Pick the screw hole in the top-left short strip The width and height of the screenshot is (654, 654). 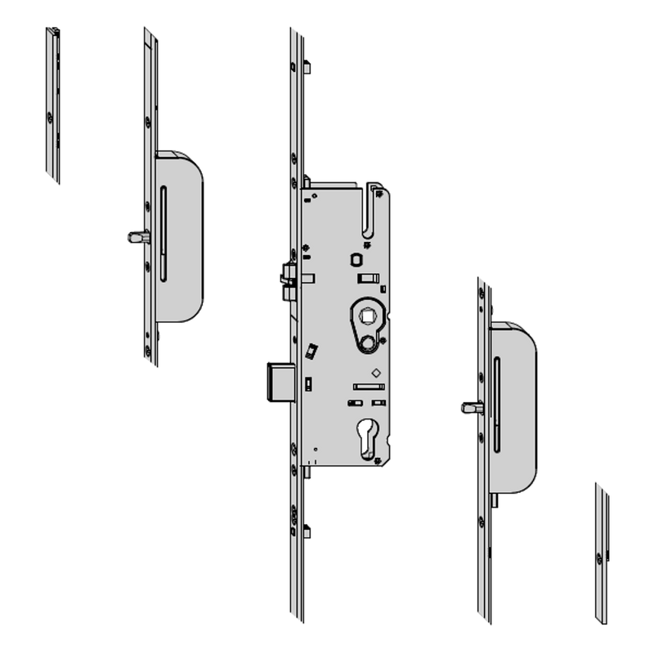[x=53, y=119]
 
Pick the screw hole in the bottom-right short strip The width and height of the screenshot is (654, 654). [x=602, y=561]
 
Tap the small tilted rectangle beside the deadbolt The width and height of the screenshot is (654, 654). [x=311, y=351]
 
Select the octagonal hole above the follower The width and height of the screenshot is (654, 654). [x=356, y=260]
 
